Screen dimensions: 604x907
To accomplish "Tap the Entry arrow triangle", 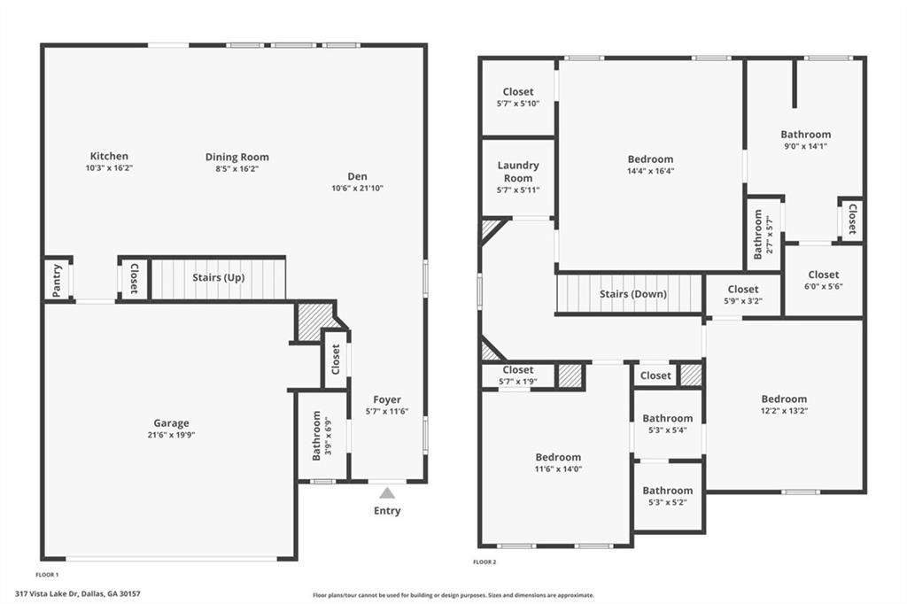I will tap(387, 493).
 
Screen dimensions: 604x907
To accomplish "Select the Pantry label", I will tap(57, 279).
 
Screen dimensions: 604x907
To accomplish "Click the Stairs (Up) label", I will tap(219, 277).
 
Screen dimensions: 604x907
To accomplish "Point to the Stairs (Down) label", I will tap(632, 294).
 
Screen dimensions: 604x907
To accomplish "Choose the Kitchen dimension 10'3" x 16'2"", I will tap(109, 167).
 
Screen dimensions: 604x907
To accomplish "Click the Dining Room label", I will tap(237, 157).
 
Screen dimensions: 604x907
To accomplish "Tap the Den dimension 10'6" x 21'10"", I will tap(357, 188).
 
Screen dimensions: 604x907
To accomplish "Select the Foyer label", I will tap(387, 399).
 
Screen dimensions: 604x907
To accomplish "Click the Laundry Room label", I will tap(518, 172).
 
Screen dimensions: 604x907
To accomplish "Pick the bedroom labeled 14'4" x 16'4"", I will tap(650, 159).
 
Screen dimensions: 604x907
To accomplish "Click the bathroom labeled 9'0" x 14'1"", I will tap(805, 135).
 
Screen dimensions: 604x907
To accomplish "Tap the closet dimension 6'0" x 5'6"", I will tap(823, 287).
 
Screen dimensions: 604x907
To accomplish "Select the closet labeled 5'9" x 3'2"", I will tap(742, 289).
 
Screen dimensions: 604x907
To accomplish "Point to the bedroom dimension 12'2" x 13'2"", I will tap(784, 411).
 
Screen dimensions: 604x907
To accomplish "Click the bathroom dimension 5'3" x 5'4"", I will tap(667, 430).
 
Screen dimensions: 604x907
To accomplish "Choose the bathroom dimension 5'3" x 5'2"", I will tap(667, 502).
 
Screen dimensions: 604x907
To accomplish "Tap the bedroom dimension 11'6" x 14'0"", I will tap(557, 469).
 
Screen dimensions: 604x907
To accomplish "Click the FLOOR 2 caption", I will tap(485, 561).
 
